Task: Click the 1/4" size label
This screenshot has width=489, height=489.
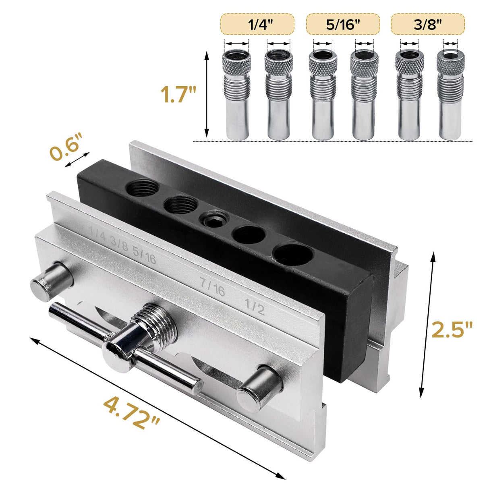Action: tap(257, 24)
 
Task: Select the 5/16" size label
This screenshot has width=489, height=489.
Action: tap(343, 24)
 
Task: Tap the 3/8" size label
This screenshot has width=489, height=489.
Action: tap(427, 24)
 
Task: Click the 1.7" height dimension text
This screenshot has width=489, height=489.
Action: tap(178, 95)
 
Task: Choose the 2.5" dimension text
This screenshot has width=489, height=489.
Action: tap(452, 329)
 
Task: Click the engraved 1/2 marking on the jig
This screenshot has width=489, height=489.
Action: tap(255, 307)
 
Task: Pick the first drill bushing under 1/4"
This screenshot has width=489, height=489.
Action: tap(237, 95)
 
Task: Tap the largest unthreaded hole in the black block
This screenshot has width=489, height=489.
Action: tap(292, 253)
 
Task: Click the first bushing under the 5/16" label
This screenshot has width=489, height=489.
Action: tap(323, 95)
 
